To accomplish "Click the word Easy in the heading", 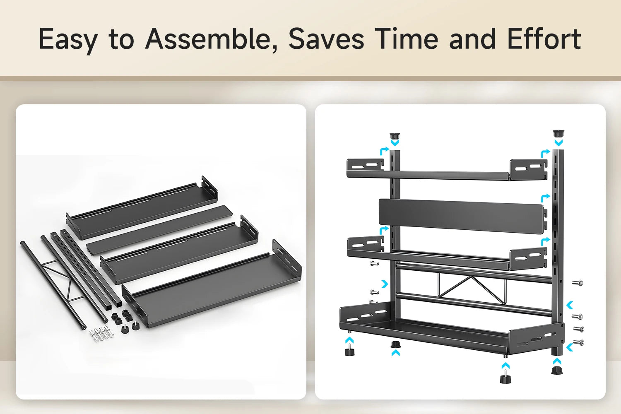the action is tap(68, 39).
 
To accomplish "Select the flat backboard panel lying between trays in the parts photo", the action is tap(159, 229).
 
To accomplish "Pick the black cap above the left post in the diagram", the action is tap(395, 136).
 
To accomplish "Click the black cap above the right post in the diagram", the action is tap(558, 133).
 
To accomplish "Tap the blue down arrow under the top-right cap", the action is tap(558, 142).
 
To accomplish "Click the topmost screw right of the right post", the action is tap(578, 283).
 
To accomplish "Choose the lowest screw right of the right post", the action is tap(578, 343).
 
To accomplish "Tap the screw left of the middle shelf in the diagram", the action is tap(374, 263).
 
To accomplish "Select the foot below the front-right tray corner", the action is tap(505, 378).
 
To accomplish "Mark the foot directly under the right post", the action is tap(557, 371).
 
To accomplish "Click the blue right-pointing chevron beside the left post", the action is tap(385, 284).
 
